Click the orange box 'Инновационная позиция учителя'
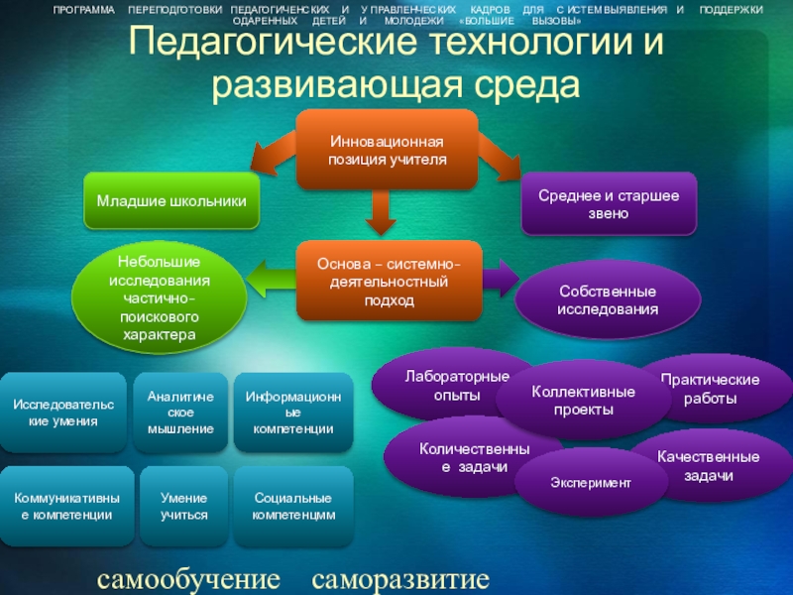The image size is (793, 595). click(388, 149)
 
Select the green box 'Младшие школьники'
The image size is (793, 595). click(171, 201)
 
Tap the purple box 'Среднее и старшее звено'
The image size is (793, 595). click(609, 204)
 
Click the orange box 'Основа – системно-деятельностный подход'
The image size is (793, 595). click(388, 284)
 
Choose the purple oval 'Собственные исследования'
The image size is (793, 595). click(608, 301)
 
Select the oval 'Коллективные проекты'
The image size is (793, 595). click(570, 401)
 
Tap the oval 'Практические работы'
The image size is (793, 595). click(711, 389)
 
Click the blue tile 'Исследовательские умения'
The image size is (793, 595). click(62, 413)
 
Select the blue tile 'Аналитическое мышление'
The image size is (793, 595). click(180, 413)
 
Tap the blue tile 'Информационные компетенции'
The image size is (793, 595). click(292, 413)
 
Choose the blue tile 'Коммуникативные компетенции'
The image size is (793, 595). click(62, 506)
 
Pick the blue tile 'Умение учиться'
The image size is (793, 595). click(180, 506)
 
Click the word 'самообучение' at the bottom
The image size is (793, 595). click(188, 578)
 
